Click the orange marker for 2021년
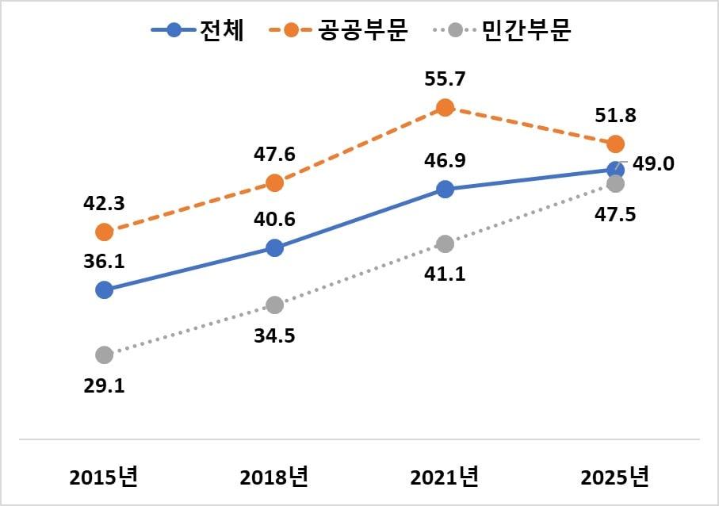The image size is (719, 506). coord(445,107)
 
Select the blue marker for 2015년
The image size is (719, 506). coord(104,290)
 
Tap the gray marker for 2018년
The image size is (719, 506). coord(274,305)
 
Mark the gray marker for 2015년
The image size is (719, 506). coord(104,355)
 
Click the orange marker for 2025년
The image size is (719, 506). coord(615,144)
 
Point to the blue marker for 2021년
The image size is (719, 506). coord(445,189)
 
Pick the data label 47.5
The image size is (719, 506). coord(615,214)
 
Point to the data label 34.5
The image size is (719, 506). coord(274,335)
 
